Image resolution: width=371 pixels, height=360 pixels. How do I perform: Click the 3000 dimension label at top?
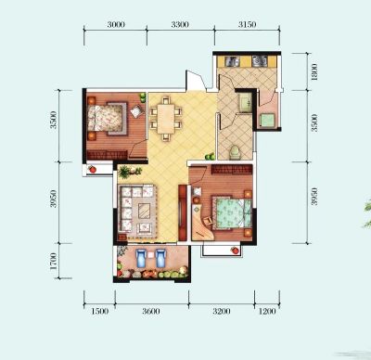click(x=116, y=24)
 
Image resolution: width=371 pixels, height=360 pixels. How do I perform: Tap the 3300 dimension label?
click(x=180, y=24)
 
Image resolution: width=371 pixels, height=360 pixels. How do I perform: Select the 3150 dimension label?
click(x=247, y=24)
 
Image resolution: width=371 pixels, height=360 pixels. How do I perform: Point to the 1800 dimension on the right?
click(x=314, y=72)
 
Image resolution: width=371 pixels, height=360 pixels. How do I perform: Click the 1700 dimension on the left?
click(x=53, y=262)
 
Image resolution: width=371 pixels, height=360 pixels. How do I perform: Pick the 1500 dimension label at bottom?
click(x=100, y=311)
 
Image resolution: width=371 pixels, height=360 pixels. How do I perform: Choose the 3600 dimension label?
click(x=151, y=311)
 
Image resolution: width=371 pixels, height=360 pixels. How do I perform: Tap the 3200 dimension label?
click(x=222, y=311)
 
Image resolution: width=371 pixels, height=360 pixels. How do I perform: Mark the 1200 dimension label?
click(x=267, y=311)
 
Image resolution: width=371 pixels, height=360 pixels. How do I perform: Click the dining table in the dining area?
click(x=166, y=119)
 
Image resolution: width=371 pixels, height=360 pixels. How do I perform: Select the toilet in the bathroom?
click(x=235, y=152)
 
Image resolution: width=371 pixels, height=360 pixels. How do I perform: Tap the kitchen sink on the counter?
click(x=232, y=61)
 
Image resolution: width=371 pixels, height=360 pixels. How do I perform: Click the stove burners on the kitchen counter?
click(x=260, y=61)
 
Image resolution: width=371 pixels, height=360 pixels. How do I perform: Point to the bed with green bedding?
click(x=232, y=212)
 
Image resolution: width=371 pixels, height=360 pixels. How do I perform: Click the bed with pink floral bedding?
click(x=108, y=119)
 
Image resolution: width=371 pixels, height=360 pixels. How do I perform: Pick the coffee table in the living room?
click(x=145, y=211)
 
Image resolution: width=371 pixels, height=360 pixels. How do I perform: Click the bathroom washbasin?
click(x=246, y=102)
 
